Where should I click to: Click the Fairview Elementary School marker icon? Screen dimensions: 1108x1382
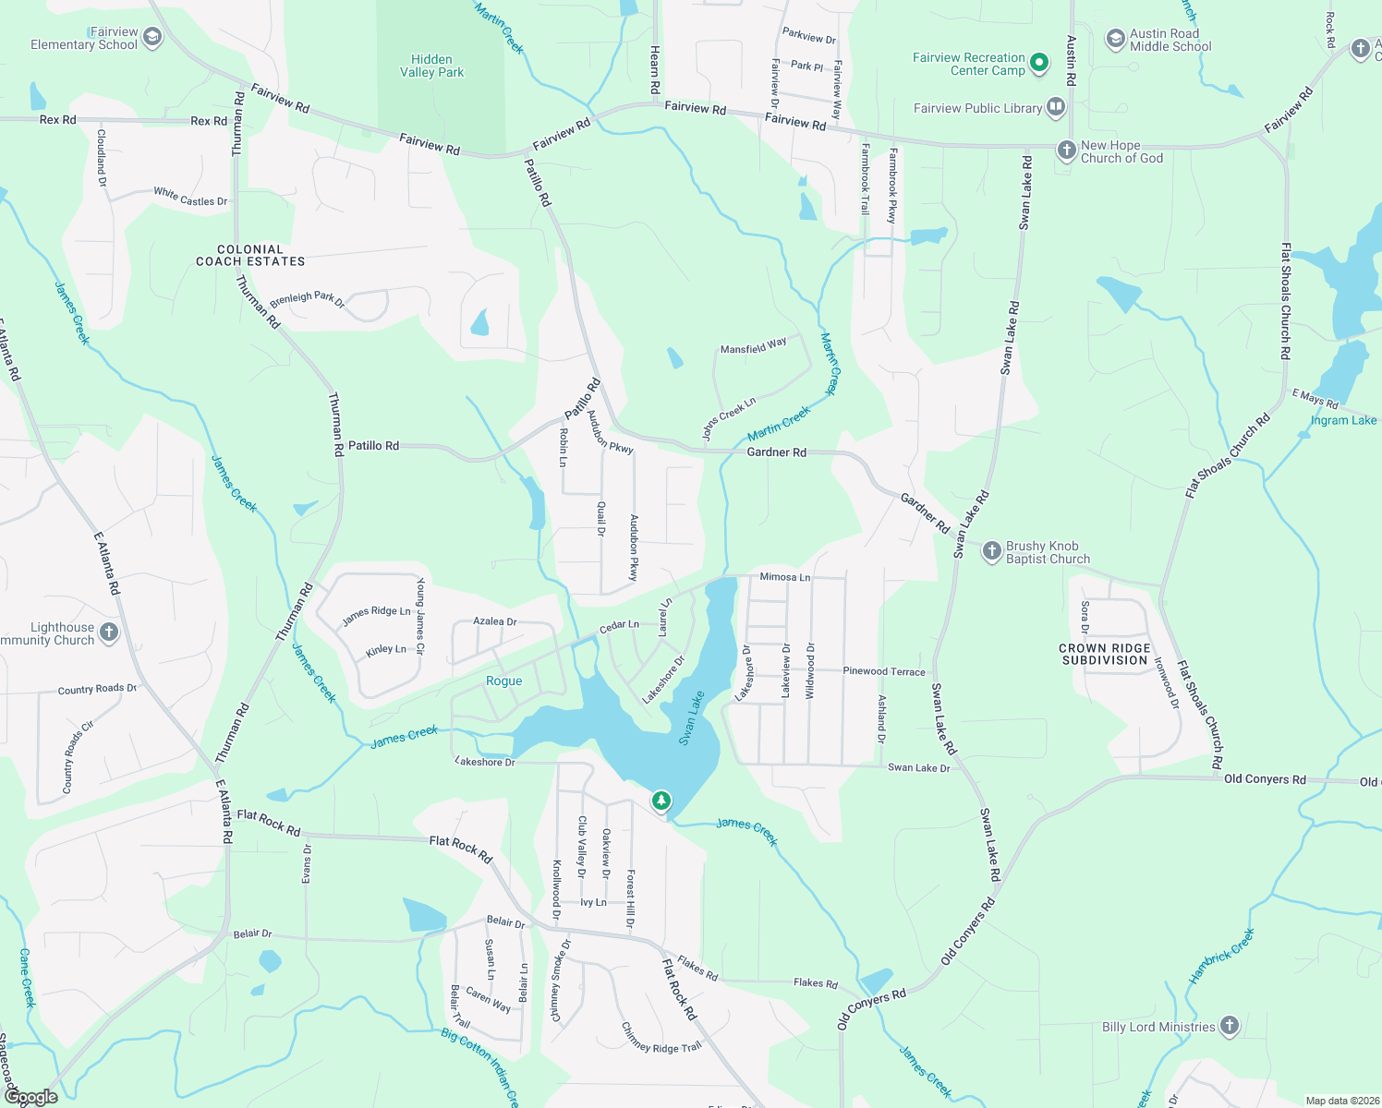(x=152, y=37)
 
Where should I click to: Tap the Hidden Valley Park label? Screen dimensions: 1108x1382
(x=431, y=66)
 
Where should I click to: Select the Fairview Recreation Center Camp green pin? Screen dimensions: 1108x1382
(x=1039, y=63)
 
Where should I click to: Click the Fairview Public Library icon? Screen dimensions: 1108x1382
(x=1055, y=107)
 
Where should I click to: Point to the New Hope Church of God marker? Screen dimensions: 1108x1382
(x=1066, y=150)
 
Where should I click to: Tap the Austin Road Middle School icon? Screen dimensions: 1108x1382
(x=1116, y=39)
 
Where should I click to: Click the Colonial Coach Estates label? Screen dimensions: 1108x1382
(x=250, y=256)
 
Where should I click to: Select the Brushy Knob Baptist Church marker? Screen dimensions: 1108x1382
(x=991, y=551)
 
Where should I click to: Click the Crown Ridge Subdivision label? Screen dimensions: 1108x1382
(x=1104, y=654)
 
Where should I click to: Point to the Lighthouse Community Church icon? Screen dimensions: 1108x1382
(x=109, y=632)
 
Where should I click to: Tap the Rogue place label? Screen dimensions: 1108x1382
(x=503, y=680)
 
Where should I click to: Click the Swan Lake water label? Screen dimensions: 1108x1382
(x=691, y=717)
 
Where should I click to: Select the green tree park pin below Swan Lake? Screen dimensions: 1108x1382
(x=661, y=800)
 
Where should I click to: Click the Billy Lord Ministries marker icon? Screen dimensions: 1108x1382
(x=1229, y=1025)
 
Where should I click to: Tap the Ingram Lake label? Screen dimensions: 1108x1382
(x=1343, y=420)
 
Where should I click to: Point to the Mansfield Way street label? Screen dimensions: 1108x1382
(x=754, y=346)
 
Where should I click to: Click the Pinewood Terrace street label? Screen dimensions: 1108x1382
(x=883, y=671)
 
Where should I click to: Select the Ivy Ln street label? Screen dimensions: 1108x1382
(x=593, y=902)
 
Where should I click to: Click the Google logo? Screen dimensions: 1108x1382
(x=31, y=1097)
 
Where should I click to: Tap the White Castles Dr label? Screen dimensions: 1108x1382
(x=190, y=196)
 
